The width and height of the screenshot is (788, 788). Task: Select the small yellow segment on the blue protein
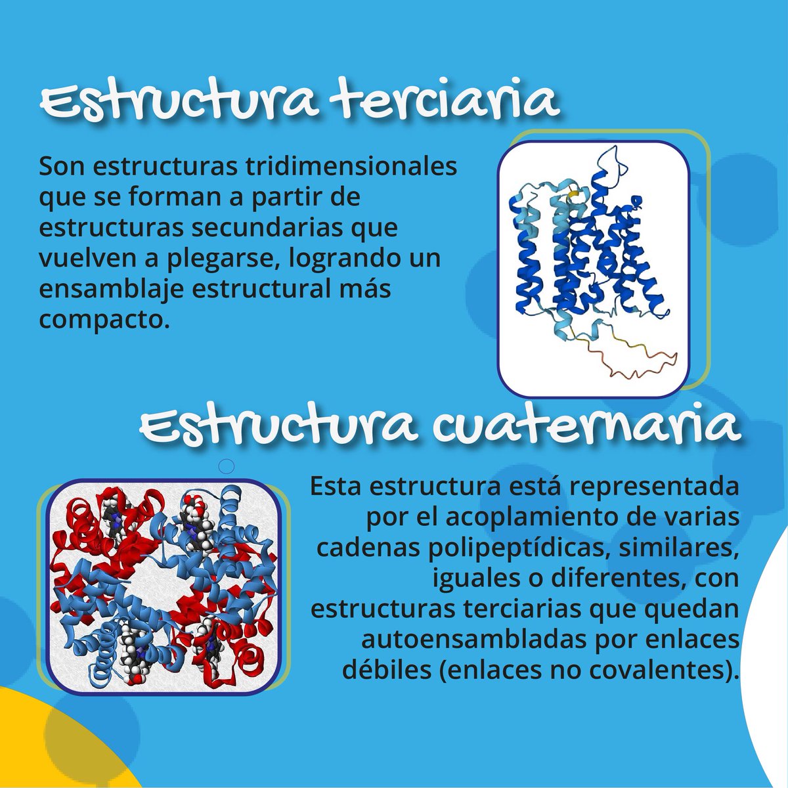pos(573,194)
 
